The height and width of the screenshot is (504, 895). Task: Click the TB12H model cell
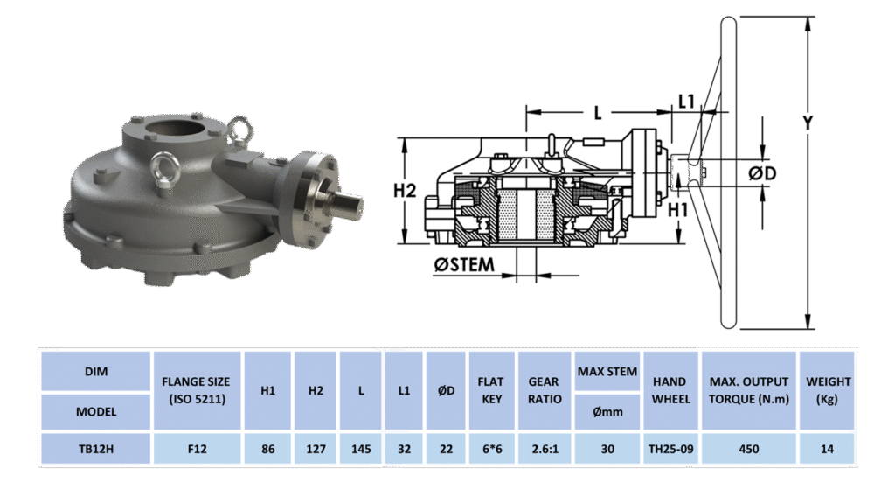pos(96,449)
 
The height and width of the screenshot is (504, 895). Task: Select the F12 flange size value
pos(197,449)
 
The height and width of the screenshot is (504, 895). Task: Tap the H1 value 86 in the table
pos(267,449)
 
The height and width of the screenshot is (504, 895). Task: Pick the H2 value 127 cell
pos(316,449)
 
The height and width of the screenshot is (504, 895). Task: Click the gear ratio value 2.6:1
pos(545,449)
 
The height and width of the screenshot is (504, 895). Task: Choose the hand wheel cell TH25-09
pos(670,449)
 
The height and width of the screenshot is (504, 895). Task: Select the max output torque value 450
pos(749,449)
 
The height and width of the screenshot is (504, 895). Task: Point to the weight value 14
pos(827,449)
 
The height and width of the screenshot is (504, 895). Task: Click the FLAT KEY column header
pos(491,390)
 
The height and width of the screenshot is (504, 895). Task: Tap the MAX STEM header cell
pos(607,371)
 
